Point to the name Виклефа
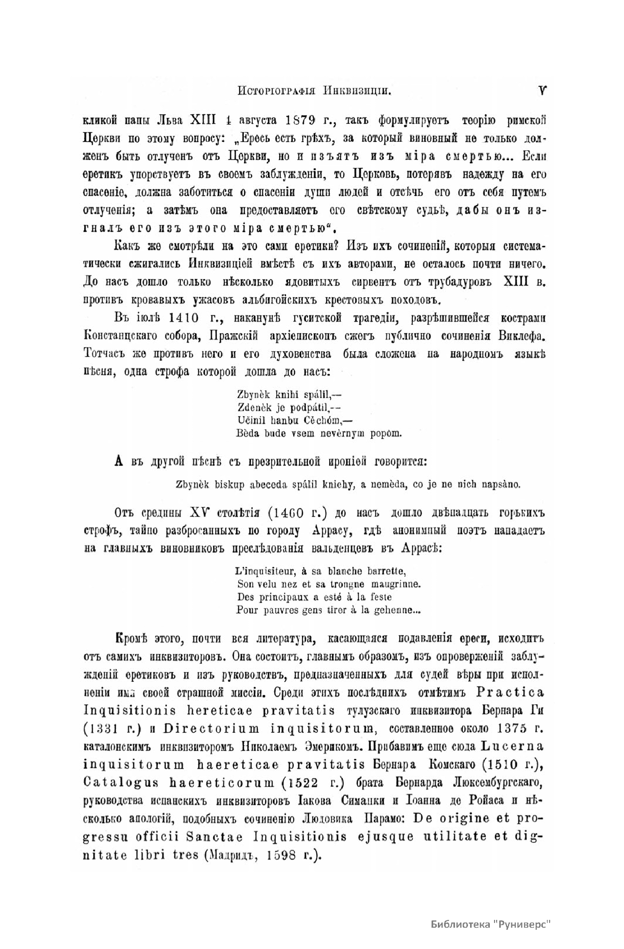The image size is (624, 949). point(521,336)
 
